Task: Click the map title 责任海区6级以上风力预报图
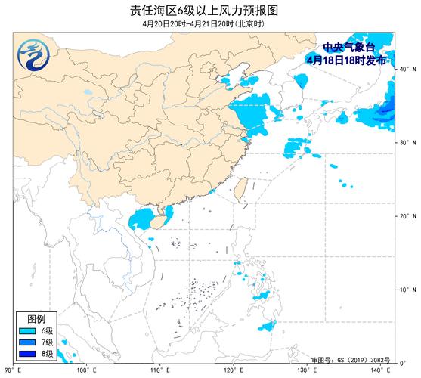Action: coord(209,9)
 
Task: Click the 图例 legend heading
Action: coord(36,318)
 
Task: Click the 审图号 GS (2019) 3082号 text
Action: coord(349,358)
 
